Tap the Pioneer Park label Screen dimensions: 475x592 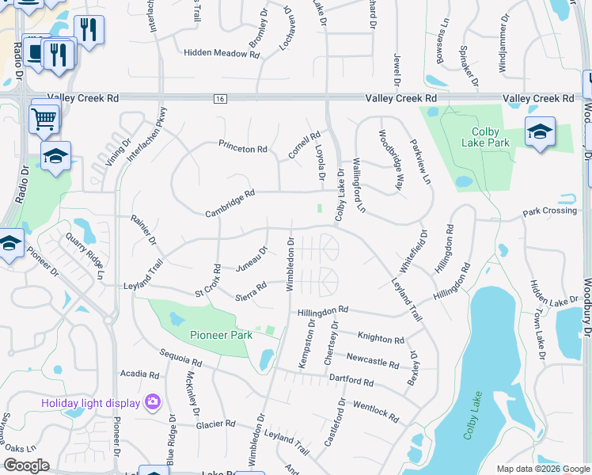pyautogui.click(x=221, y=335)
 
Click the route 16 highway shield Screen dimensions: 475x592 pyautogui.click(x=219, y=98)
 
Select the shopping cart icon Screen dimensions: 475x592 pyautogui.click(x=44, y=119)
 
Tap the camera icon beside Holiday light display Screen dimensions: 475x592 pyautogui.click(x=152, y=403)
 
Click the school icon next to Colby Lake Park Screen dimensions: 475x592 pyautogui.click(x=540, y=132)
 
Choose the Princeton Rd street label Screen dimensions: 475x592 pyautogui.click(x=243, y=148)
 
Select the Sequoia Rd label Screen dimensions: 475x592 pyautogui.click(x=180, y=359)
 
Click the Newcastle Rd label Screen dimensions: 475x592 pyautogui.click(x=372, y=361)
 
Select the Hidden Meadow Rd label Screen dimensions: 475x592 pyautogui.click(x=222, y=54)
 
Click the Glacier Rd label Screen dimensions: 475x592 pyautogui.click(x=217, y=424)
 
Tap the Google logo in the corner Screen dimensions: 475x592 pyautogui.click(x=26, y=465)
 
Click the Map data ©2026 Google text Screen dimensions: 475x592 pyautogui.click(x=542, y=468)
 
